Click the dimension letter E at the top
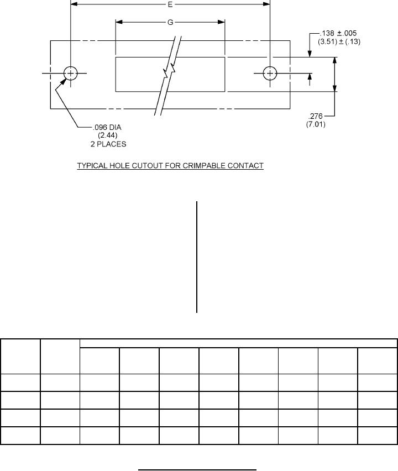(170, 4)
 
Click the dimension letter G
(170, 22)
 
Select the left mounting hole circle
(71, 74)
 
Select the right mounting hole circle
(270, 74)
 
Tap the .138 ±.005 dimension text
(338, 33)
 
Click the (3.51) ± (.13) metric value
(339, 41)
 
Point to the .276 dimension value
(316, 116)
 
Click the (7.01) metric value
(316, 124)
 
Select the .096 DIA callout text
(107, 127)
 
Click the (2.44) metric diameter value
(108, 135)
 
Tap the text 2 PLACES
(108, 144)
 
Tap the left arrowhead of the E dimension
(74, 4)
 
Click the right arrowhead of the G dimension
(221, 22)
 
